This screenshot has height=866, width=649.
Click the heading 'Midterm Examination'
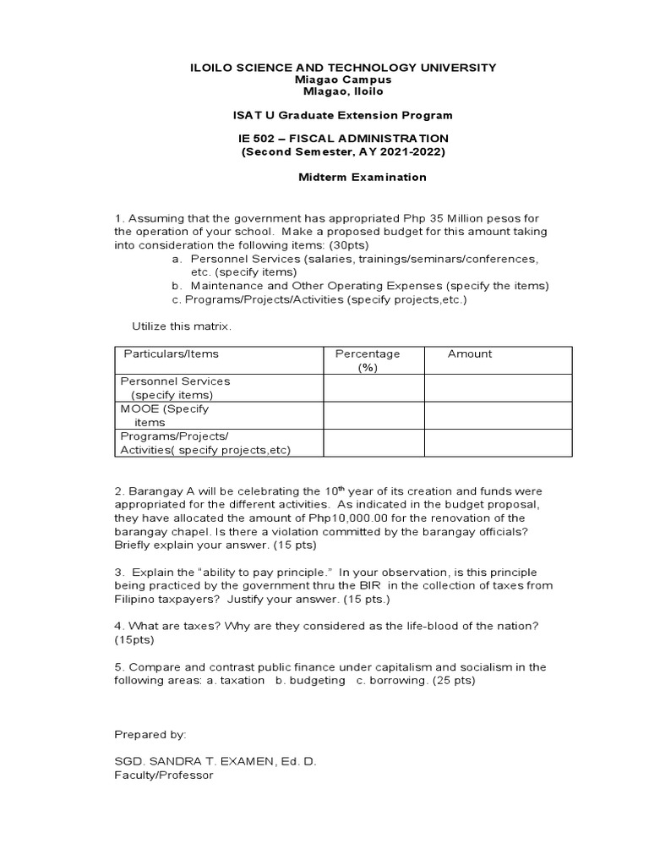tap(362, 178)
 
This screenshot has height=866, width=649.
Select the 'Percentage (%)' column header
tap(368, 360)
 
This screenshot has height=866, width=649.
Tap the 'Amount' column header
tap(470, 354)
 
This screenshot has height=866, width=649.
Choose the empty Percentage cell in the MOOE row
tap(373, 415)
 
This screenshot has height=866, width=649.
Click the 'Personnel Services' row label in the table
tap(176, 381)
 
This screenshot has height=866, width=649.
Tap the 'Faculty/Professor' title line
tap(164, 775)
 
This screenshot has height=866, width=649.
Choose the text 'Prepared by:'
tap(150, 734)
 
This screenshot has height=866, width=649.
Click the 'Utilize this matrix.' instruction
tap(182, 326)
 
